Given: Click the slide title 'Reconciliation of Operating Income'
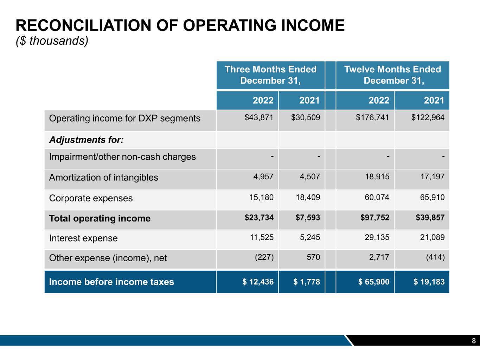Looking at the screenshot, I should (180, 26).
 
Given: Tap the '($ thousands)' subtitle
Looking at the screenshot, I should (52, 41).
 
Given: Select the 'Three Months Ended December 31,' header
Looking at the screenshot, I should (270, 75).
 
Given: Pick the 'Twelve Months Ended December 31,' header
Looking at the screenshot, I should (392, 75).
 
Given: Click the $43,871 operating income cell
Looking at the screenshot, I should (259, 117).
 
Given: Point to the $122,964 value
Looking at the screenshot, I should (428, 117).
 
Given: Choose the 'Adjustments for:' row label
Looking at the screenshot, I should (86, 140).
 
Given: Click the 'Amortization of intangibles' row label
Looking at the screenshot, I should (103, 178).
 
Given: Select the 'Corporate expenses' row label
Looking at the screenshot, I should (91, 198).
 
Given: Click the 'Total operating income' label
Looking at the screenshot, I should (100, 219).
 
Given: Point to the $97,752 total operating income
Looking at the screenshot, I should (375, 218).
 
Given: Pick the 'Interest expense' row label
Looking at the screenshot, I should (83, 238).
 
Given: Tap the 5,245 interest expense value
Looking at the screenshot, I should (310, 238).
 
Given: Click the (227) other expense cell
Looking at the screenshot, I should (264, 257).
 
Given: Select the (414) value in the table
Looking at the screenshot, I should (435, 257).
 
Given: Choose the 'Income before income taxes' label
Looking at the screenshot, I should (111, 282).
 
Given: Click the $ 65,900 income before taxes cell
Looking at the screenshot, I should (374, 282).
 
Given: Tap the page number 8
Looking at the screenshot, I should (474, 341).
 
